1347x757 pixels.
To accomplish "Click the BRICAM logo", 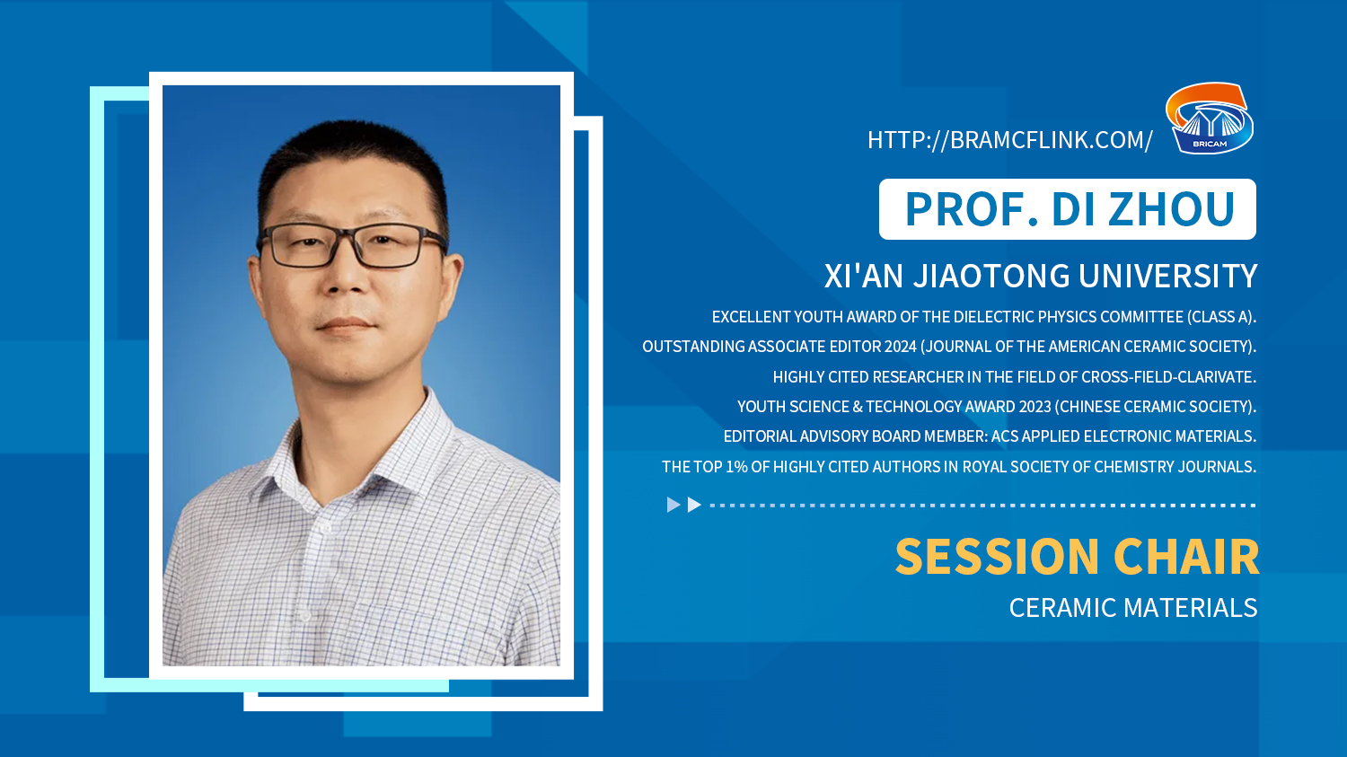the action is tap(1210, 118).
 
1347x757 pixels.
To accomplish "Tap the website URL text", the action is tap(1009, 140).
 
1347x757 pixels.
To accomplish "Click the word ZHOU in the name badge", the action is tap(1172, 209).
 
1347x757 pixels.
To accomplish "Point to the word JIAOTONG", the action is tap(991, 276).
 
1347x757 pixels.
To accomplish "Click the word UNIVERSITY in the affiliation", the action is tap(1167, 276).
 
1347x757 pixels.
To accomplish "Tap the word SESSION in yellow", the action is tap(997, 557).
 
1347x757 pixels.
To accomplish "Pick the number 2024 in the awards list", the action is tap(900, 347).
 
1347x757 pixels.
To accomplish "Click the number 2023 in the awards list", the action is tap(1034, 407).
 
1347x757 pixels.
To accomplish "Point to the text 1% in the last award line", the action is tap(736, 467).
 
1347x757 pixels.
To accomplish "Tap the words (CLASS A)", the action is tap(1221, 317).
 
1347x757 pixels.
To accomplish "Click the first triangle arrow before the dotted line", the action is tap(673, 505).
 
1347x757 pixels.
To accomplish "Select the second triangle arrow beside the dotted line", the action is tap(694, 505).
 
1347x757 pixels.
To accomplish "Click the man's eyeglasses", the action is tap(353, 245).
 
